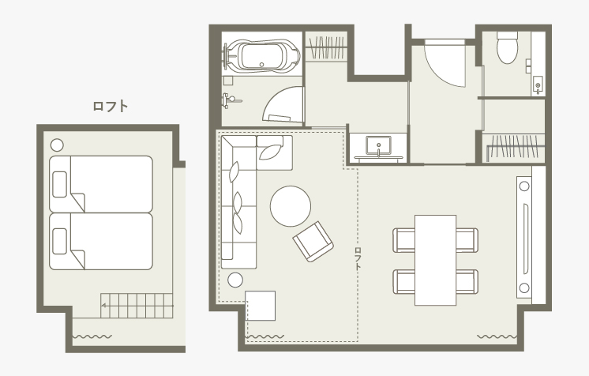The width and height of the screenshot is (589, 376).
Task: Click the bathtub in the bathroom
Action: (x=264, y=55)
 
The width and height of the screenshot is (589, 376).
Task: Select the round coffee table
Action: (x=291, y=206)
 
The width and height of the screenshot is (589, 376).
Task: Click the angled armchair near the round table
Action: (x=313, y=242)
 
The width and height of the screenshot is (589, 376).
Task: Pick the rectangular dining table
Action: (x=435, y=260)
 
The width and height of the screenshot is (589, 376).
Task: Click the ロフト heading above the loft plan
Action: (x=111, y=107)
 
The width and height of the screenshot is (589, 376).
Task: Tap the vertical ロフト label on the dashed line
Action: (x=358, y=258)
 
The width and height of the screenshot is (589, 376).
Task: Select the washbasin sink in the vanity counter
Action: (x=379, y=145)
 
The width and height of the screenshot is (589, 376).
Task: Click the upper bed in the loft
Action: (x=101, y=184)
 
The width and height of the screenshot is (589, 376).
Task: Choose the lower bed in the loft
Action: (x=101, y=242)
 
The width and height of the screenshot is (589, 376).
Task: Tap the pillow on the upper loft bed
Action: (x=60, y=184)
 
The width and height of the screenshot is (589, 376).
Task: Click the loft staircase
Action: (x=137, y=306)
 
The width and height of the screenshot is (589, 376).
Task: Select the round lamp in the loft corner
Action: (x=57, y=145)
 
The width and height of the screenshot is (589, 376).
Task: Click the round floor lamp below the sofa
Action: (x=235, y=280)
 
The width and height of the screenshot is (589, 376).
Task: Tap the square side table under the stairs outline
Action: (x=261, y=306)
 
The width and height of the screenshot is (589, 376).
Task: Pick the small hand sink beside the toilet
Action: (x=538, y=85)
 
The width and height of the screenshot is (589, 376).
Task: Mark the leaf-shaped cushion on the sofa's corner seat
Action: (x=270, y=151)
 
